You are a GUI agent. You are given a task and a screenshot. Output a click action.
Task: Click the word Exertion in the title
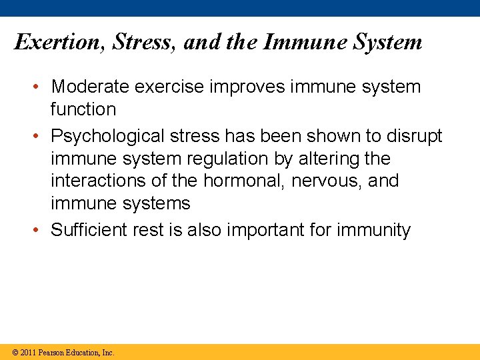58,42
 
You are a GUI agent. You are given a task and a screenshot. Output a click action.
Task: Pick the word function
83,109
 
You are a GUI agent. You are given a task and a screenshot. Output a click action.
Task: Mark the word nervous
317,181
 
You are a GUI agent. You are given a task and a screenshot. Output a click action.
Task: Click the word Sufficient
90,230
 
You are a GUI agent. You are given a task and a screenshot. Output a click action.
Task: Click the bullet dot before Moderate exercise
41,87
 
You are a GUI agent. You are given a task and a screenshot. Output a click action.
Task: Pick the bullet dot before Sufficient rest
41,231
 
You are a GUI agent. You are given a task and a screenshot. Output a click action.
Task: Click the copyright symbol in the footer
15,352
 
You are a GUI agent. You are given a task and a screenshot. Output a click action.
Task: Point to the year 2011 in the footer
28,352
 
